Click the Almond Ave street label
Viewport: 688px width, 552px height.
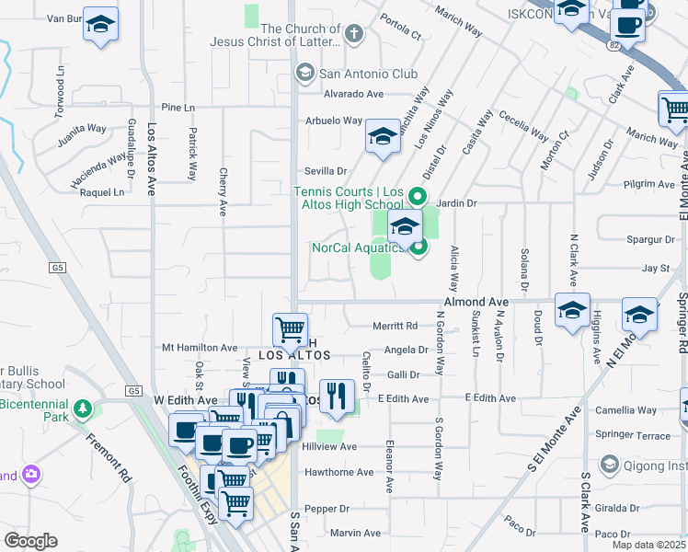point(476,302)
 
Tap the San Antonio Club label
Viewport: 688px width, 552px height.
point(367,74)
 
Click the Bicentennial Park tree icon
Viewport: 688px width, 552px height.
point(84,408)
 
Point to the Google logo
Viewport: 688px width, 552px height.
point(30,541)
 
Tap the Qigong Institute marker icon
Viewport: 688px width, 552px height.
point(609,465)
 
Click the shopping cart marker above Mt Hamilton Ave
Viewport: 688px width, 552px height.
point(291,328)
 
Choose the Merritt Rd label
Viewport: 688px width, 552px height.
point(396,325)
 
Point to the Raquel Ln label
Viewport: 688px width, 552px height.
point(101,192)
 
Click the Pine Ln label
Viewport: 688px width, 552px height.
point(178,108)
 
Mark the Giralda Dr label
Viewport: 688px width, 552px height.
point(616,507)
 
